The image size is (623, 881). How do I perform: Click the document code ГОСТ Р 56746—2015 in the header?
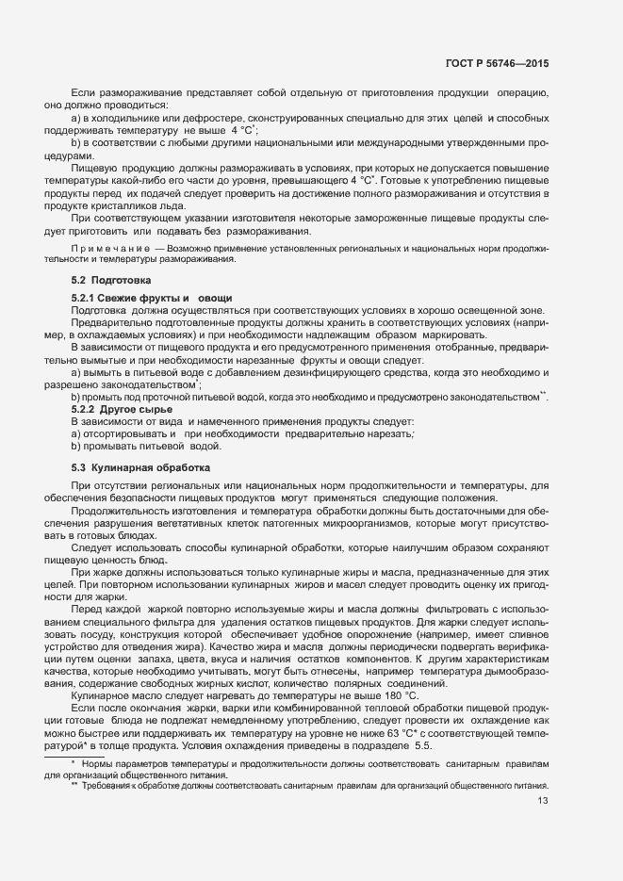[497, 63]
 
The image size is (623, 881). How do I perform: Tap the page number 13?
[542, 801]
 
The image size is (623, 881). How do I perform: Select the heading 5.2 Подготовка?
[108, 281]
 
